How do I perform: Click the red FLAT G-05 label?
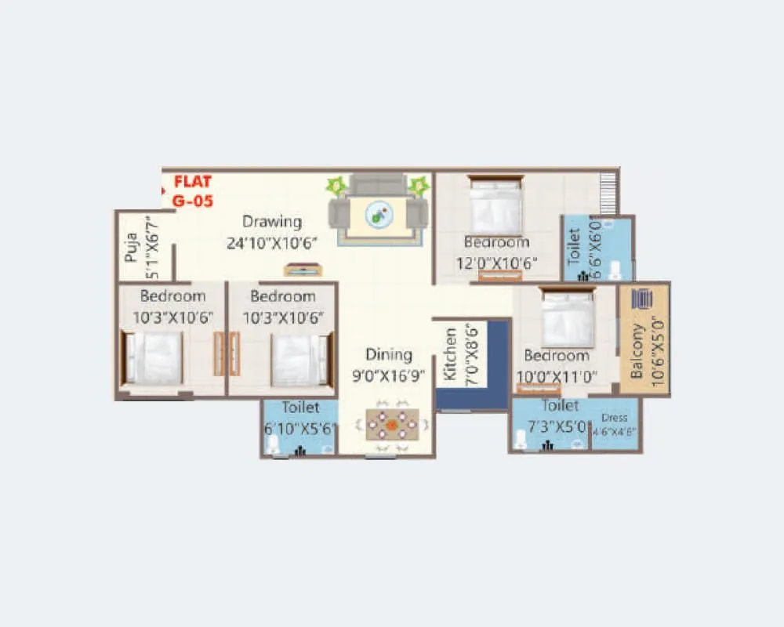coord(192,191)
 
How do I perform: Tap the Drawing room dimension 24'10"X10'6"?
coord(270,243)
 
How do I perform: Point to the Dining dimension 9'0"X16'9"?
coord(389,375)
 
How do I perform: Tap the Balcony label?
coord(637,351)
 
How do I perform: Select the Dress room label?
coord(615,419)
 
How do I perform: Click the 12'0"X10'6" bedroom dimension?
coord(495,263)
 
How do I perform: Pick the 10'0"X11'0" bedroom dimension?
coord(556,376)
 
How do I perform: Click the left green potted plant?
coord(337,187)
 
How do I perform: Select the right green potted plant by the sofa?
coord(419,187)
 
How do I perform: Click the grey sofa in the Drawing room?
coord(378,185)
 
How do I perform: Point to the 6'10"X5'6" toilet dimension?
coord(299,429)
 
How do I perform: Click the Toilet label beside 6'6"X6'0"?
coord(573,245)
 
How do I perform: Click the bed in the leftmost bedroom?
coord(154,358)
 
